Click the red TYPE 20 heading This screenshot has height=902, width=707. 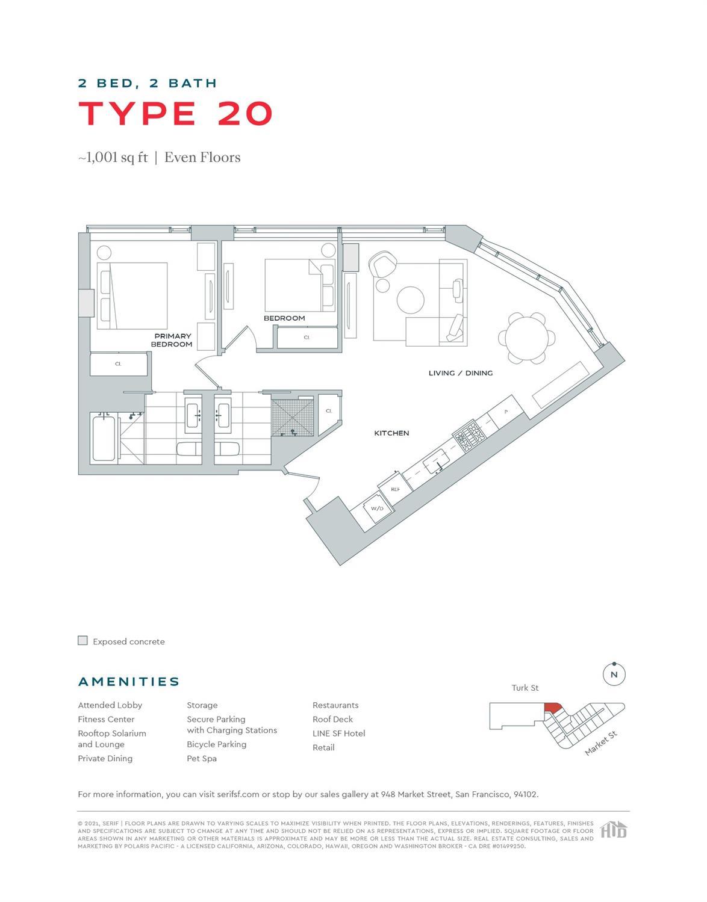pos(175,113)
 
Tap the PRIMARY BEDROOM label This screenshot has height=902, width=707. pos(172,341)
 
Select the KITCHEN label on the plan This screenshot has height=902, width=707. pos(391,433)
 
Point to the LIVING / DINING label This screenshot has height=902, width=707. pos(460,373)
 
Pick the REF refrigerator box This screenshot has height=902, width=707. pos(395,489)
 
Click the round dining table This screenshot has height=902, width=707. pos(527,338)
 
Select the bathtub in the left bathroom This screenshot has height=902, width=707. pos(104,437)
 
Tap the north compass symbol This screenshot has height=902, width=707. pos(614,674)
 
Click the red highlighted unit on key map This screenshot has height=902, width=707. pos(552,708)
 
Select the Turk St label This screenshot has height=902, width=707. pos(525,688)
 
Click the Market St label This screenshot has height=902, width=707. pos(601,744)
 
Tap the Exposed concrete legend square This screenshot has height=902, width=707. pos(83,641)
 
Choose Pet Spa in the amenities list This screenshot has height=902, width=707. pos(202,758)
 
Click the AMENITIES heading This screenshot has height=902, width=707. pos(129,682)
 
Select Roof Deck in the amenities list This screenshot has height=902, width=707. pos(332,719)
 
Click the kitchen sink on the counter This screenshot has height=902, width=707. pos(434,464)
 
